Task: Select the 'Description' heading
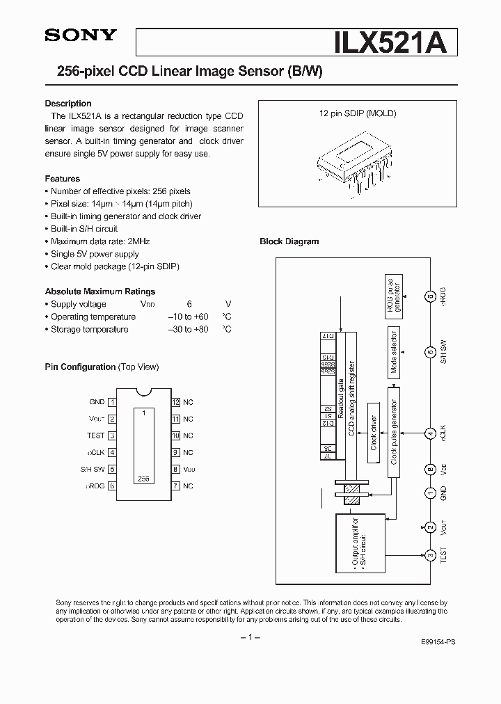[68, 104]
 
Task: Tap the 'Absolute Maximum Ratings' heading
[100, 291]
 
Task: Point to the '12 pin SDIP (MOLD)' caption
[358, 113]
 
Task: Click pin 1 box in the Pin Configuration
[113, 402]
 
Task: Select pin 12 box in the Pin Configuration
[176, 402]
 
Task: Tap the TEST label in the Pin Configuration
[96, 435]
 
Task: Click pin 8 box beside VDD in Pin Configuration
[176, 470]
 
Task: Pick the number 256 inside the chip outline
[143, 479]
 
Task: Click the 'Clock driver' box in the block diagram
[374, 431]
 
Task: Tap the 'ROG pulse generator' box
[393, 296]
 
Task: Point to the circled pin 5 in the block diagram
[431, 351]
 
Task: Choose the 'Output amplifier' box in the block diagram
[356, 541]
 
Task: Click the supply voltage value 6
[189, 304]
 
